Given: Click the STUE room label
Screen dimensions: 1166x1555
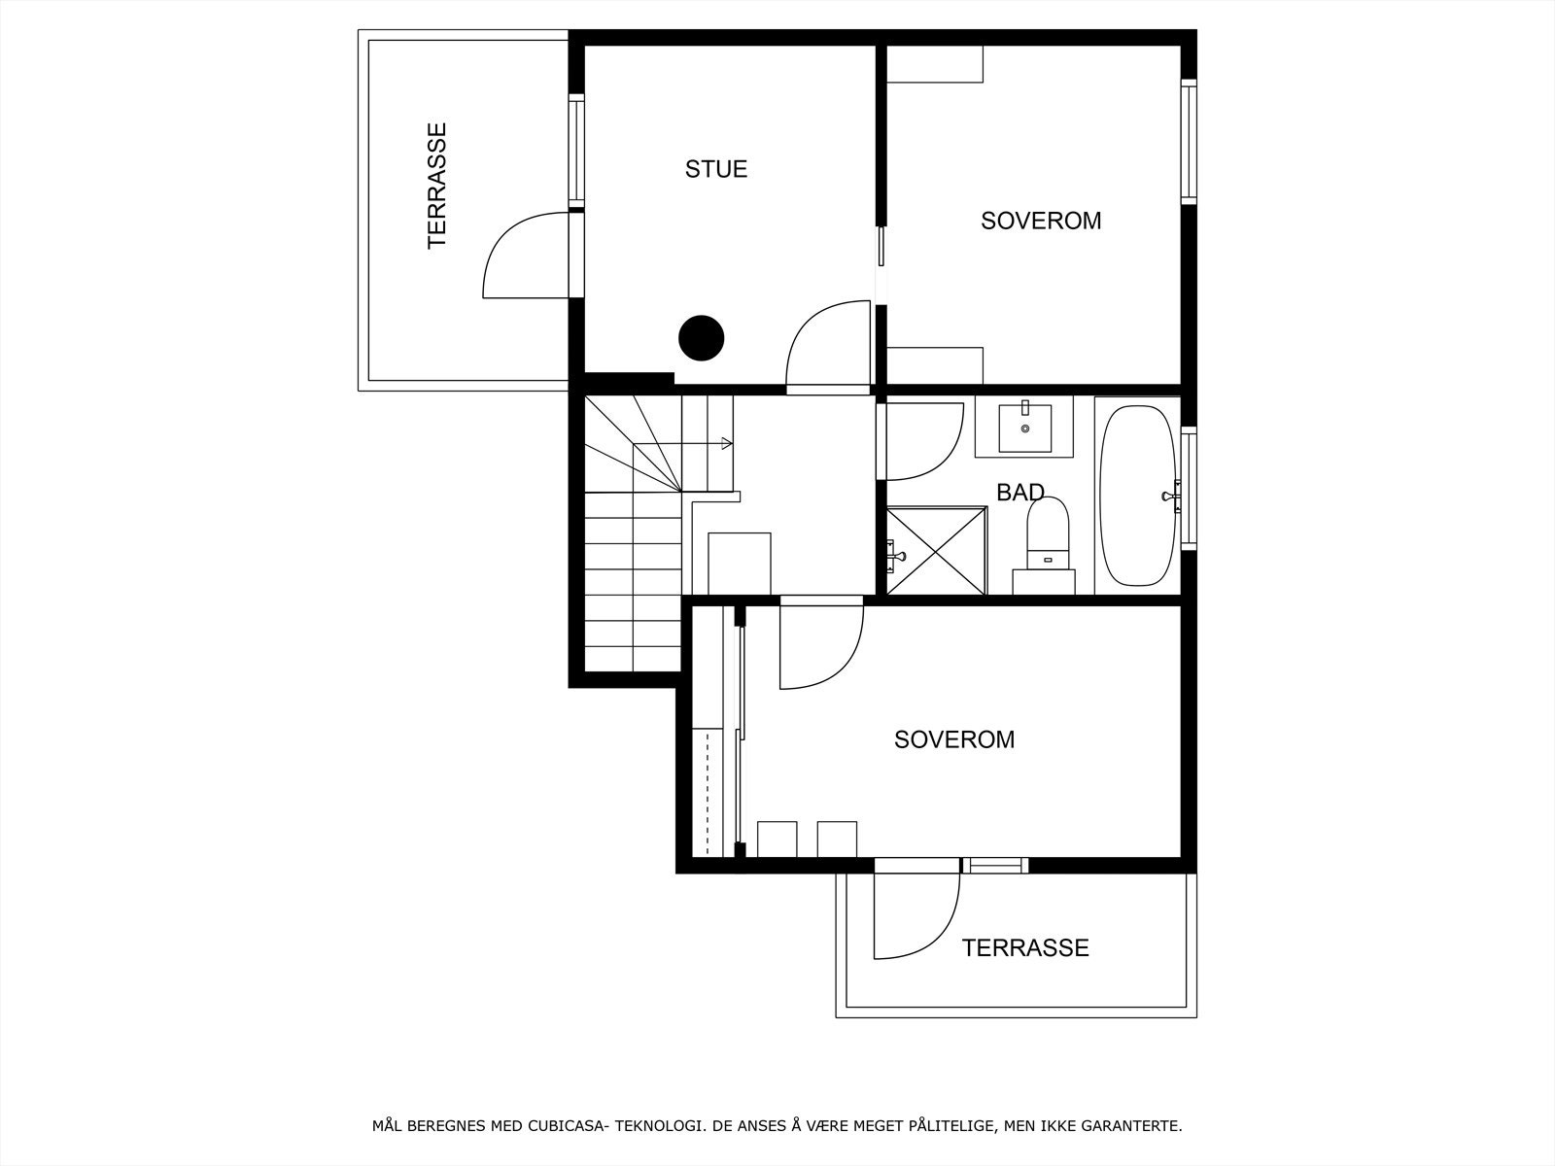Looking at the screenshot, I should coord(716,169).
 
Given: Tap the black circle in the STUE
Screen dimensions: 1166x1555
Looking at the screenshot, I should coord(701,338).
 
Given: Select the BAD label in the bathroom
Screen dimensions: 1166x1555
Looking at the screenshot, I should coord(1020,493).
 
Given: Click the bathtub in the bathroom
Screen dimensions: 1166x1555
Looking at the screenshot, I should coord(1135,496).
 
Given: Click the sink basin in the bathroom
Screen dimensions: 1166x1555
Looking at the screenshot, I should coord(1024,428).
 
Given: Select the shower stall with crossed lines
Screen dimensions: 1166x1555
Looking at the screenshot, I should coord(936,550).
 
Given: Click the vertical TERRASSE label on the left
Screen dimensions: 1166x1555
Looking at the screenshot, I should coord(438,185).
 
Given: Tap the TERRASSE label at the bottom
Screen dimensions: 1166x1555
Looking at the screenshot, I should coord(1025,948).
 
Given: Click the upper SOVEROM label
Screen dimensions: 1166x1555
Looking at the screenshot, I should coord(1041,221).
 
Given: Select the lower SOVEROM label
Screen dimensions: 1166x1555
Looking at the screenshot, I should coord(954,740).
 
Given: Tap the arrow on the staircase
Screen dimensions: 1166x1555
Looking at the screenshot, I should coord(726,444).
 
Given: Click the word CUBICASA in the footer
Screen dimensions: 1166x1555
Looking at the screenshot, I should coord(563,1127).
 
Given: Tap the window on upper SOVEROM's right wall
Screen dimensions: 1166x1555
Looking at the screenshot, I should coord(1188,141).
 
